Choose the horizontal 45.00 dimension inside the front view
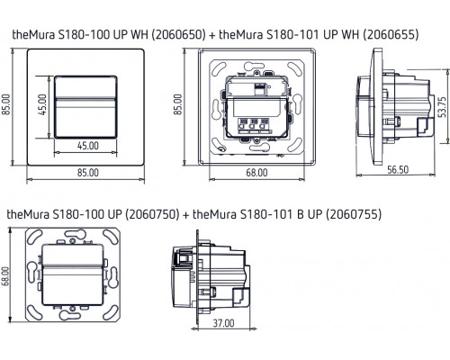pos(86,144)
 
